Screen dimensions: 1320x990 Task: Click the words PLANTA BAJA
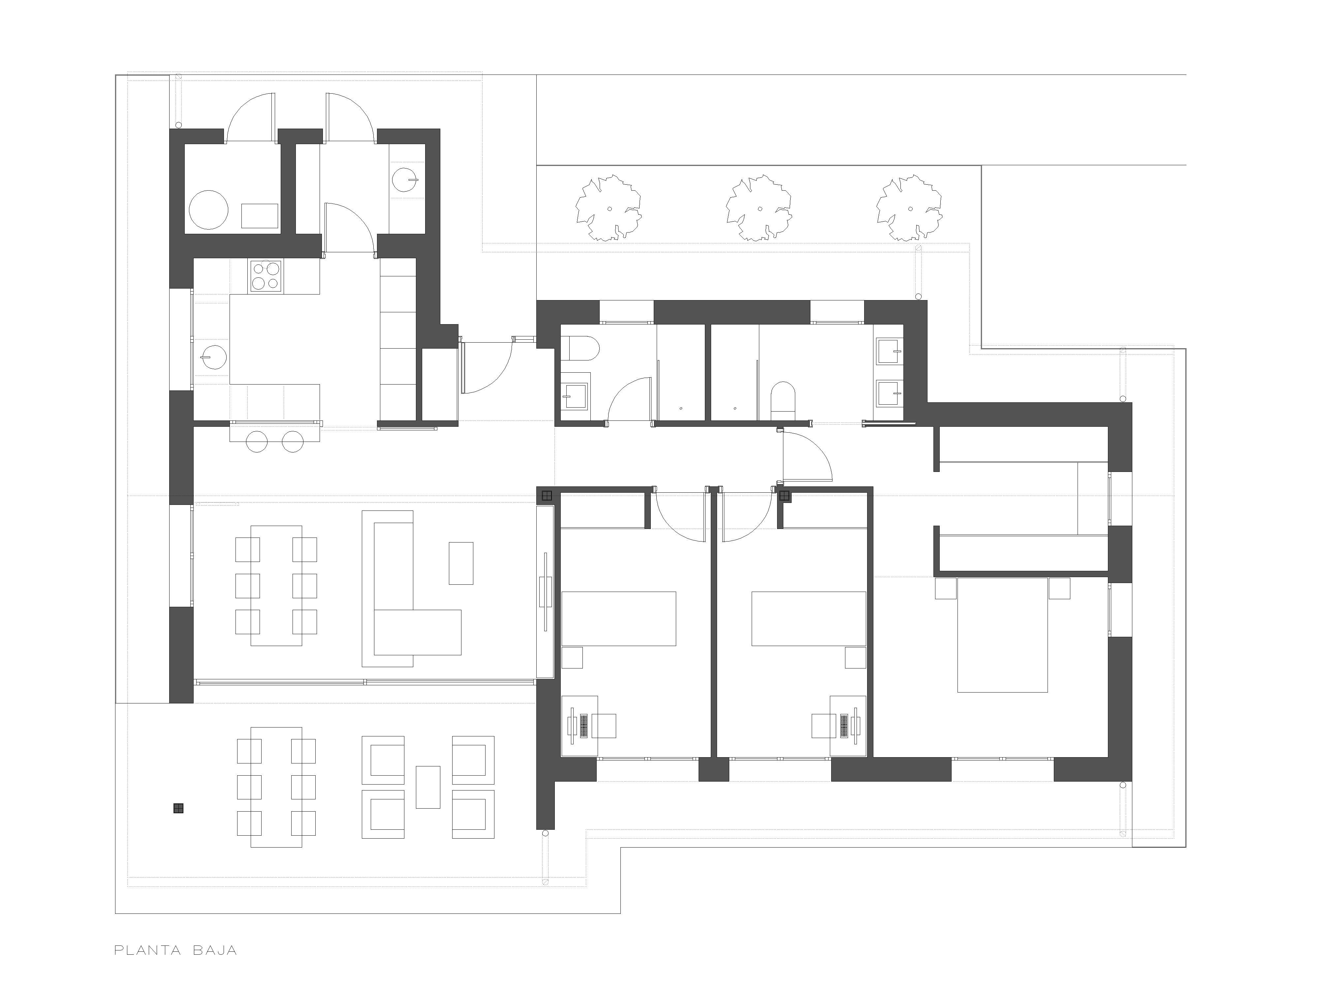pos(175,950)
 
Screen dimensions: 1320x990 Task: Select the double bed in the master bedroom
pos(1002,635)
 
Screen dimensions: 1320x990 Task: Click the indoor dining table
pos(276,585)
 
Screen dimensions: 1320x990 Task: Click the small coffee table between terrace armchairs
pos(428,787)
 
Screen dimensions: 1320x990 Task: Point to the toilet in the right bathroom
pos(783,400)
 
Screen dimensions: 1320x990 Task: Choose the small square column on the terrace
pos(178,809)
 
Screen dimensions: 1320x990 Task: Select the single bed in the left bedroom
pos(619,619)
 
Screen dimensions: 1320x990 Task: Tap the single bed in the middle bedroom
pos(808,619)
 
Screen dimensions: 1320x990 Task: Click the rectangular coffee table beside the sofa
pos(461,563)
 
